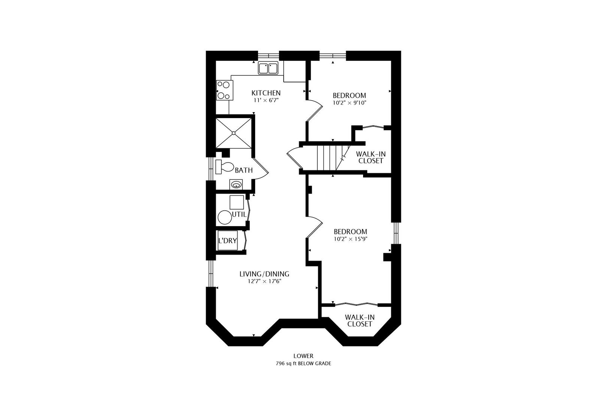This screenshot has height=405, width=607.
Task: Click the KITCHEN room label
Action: coord(266,93)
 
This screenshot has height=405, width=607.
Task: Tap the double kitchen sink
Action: coord(268,68)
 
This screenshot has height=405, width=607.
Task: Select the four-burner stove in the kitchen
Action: coord(224,90)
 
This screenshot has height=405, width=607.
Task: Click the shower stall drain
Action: coord(233,133)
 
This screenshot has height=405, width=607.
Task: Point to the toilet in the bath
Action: coord(225,167)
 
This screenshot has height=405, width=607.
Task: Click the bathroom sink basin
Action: coord(236,185)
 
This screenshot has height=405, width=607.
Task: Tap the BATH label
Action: coord(244,170)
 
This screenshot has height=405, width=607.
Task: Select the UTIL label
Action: coord(239,214)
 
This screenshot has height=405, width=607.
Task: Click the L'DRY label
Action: coord(228,241)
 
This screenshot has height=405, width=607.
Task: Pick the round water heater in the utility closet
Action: coord(225,217)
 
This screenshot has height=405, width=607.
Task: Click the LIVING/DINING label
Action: coord(264,274)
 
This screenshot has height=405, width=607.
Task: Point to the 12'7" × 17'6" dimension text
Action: coord(265,281)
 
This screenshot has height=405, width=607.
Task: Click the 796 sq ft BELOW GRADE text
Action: coord(303,363)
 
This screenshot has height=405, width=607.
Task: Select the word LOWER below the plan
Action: coord(303,356)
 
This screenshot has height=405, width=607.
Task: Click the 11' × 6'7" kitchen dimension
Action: coord(266,100)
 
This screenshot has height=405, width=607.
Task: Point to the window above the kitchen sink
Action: coord(268,55)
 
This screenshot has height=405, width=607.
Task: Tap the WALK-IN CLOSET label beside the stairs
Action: coord(371,157)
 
